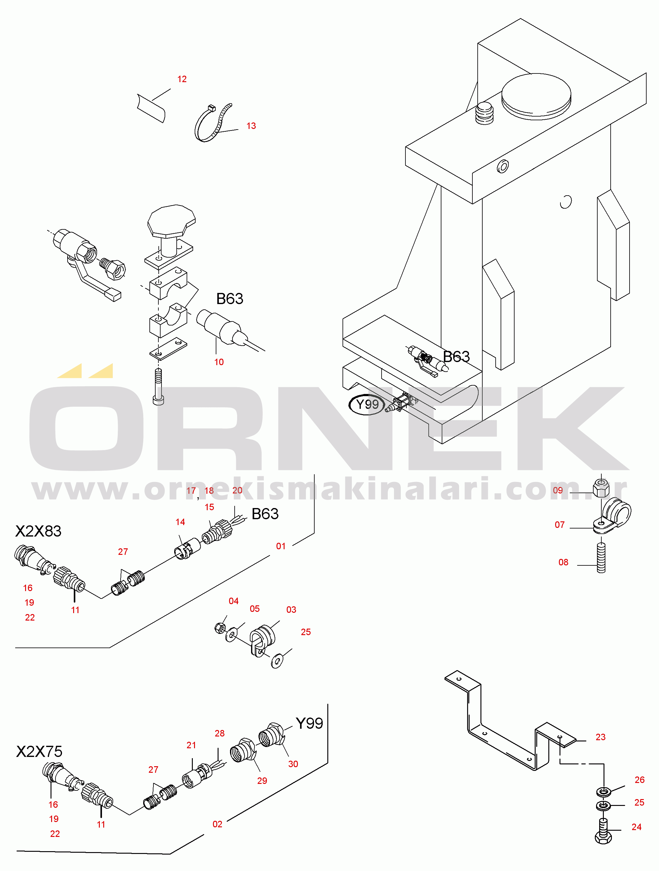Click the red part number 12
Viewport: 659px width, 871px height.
pyautogui.click(x=182, y=79)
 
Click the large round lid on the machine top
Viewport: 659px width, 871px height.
pyautogui.click(x=536, y=96)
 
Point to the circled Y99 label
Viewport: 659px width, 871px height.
pyautogui.click(x=367, y=405)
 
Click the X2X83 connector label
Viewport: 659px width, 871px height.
pyautogui.click(x=38, y=531)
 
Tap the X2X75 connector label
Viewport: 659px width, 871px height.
pyautogui.click(x=39, y=751)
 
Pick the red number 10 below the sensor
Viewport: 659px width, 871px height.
pyautogui.click(x=219, y=362)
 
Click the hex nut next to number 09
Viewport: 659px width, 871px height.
pyautogui.click(x=601, y=488)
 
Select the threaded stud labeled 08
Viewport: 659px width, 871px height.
pyautogui.click(x=601, y=558)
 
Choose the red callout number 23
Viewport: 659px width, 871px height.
pyautogui.click(x=600, y=737)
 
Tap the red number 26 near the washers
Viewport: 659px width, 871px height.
pyautogui.click(x=639, y=780)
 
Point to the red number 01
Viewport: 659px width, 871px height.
pyautogui.click(x=281, y=546)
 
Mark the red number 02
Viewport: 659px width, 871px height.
pyautogui.click(x=217, y=824)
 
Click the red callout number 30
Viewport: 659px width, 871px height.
pyautogui.click(x=293, y=764)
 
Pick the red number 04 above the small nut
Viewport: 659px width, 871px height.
pyautogui.click(x=233, y=601)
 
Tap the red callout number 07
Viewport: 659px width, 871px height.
pyautogui.click(x=559, y=525)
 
